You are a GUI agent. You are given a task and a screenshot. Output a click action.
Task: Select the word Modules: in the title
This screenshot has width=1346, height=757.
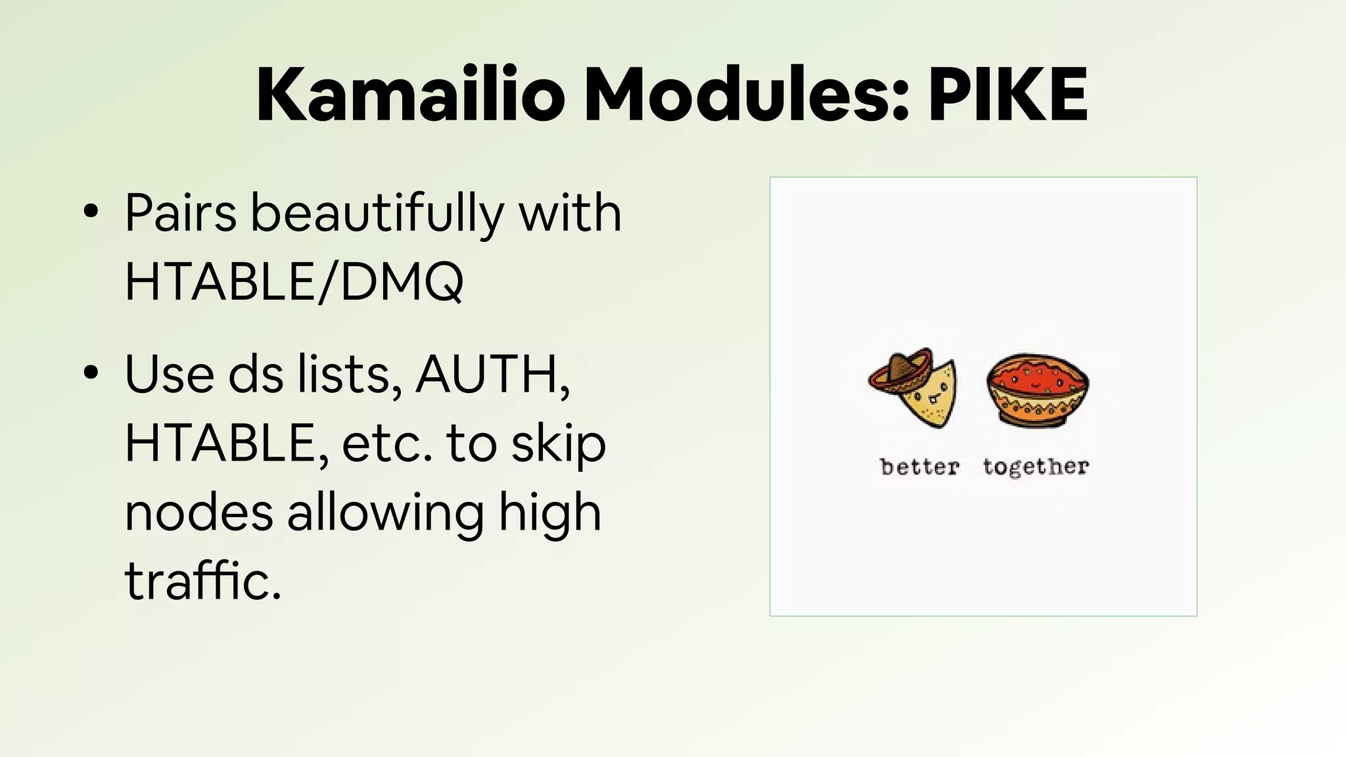tap(746, 95)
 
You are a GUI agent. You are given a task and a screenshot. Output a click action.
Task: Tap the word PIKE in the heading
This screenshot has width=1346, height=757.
tap(1008, 95)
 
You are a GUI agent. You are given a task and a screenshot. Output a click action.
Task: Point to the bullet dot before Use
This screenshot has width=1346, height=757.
tap(91, 373)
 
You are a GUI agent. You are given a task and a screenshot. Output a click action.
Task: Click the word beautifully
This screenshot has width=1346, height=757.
tap(377, 214)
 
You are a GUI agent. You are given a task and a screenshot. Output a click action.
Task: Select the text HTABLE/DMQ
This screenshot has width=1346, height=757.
tap(294, 281)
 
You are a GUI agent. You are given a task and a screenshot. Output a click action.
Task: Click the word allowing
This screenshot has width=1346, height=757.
tap(385, 514)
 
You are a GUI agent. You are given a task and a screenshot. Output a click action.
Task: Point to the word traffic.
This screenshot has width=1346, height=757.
tap(202, 581)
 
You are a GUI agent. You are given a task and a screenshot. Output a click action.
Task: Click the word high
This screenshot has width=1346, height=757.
tap(549, 514)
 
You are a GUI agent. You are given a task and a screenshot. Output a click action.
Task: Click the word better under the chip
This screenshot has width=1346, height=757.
tap(919, 467)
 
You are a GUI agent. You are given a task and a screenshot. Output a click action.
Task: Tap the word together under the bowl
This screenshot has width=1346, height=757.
tap(1036, 467)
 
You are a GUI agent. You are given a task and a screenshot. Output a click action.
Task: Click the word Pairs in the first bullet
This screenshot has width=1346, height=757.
tap(181, 214)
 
